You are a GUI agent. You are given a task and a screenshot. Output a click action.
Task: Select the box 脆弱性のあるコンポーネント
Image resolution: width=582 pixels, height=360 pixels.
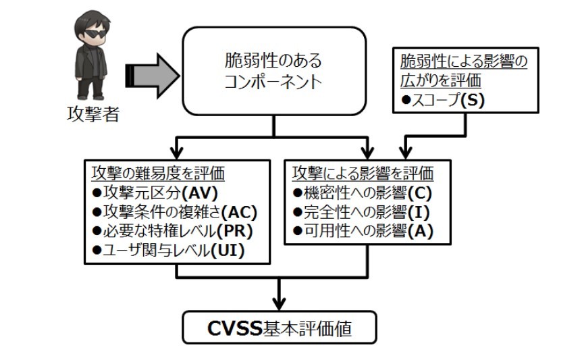(273, 72)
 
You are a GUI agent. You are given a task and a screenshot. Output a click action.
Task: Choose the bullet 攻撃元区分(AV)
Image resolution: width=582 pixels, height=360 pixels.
(134, 192)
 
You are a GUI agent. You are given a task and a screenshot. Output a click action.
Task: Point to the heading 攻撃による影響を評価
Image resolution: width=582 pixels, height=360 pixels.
(362, 173)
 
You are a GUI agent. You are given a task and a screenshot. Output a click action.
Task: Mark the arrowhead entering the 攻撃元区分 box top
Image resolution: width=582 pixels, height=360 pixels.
(177, 151)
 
